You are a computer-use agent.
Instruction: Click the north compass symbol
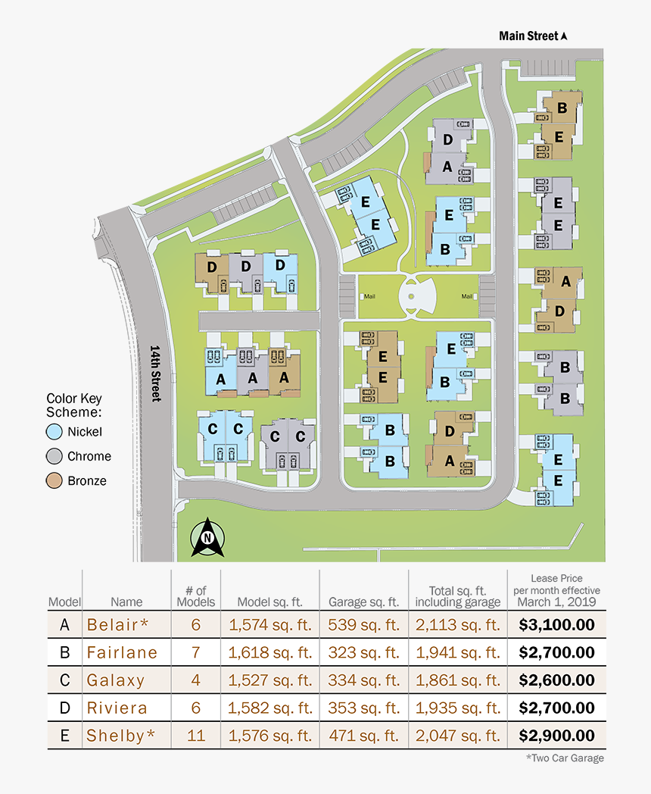206,538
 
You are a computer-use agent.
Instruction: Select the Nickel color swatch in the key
53,432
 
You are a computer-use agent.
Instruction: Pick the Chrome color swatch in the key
53,456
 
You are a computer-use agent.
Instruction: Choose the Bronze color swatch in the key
53,480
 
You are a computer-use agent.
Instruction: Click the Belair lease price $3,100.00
556,624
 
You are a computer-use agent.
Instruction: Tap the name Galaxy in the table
115,680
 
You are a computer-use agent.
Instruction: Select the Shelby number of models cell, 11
195,736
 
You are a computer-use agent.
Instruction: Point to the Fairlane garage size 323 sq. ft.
363,652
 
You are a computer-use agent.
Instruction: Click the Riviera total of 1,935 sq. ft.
457,708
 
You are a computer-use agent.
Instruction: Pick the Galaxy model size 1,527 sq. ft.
270,680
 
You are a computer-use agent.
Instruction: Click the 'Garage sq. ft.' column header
363,602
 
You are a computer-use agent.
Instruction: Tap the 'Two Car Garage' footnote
565,758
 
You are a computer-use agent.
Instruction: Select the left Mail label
369,297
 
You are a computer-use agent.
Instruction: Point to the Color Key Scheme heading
73,405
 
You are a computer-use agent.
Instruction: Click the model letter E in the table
64,736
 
